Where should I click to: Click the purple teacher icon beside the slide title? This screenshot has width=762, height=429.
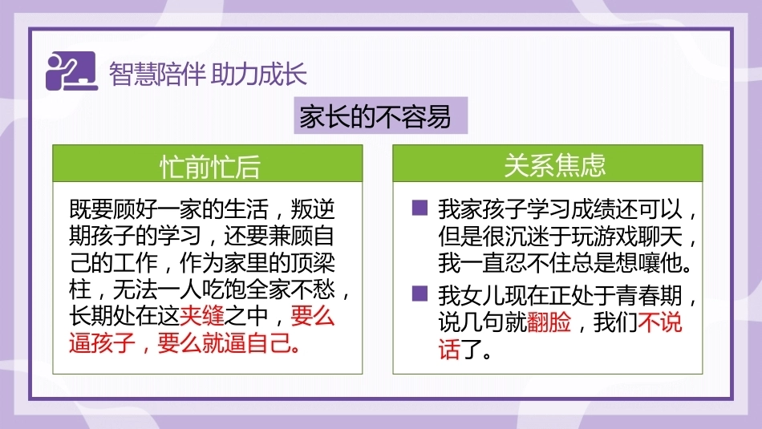click(72, 71)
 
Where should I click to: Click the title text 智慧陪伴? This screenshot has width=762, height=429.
click(156, 74)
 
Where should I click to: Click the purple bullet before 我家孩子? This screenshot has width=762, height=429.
click(420, 208)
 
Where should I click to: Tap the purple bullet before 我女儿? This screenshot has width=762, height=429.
click(420, 293)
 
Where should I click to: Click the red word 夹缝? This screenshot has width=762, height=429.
click(202, 316)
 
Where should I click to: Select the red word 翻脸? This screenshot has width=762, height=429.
click(549, 322)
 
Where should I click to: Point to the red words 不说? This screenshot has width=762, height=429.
click(660, 322)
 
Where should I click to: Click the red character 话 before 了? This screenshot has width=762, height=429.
click(449, 348)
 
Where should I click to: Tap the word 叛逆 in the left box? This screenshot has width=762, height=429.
click(313, 209)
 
